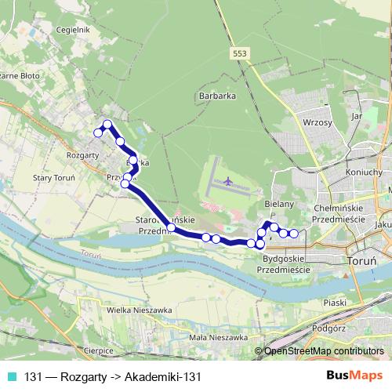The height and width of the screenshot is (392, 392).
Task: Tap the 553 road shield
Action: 241,52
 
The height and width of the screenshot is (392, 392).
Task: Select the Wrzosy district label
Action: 318,123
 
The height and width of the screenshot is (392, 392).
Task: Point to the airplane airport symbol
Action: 228,182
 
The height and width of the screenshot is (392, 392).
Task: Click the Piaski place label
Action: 335,301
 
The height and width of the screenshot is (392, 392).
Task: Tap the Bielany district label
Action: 278,204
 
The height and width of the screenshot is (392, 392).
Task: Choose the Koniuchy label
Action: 363,172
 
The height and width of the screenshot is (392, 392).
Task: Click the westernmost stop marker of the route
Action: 98,133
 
